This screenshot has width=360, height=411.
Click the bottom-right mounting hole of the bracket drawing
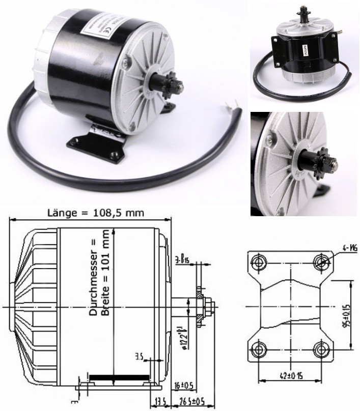click(x=321, y=349)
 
